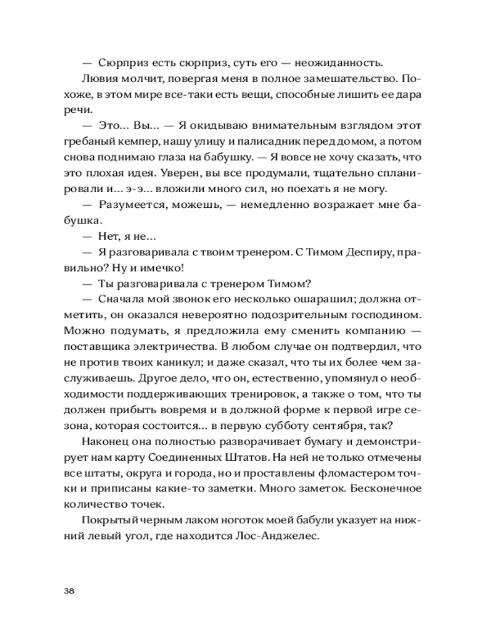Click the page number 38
(69, 591)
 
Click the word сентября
(347, 426)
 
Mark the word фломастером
(351, 474)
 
